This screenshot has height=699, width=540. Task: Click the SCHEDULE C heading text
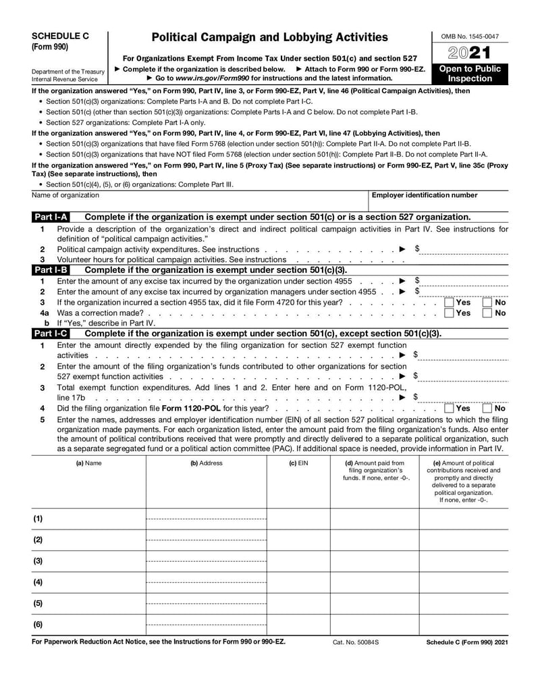click(x=59, y=36)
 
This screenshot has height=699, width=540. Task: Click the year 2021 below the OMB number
click(x=470, y=53)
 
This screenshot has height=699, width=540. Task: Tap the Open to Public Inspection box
click(x=470, y=74)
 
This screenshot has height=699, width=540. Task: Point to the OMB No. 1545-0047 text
click(x=470, y=36)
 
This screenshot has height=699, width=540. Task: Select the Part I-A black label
click(x=51, y=217)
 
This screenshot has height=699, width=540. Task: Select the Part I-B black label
click(x=51, y=269)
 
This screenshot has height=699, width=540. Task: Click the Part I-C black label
click(x=51, y=334)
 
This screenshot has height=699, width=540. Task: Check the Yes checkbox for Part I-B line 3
click(x=449, y=303)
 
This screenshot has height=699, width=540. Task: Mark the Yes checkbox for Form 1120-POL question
click(x=449, y=408)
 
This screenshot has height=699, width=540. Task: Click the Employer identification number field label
click(x=425, y=195)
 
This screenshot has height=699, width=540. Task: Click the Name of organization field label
click(x=65, y=195)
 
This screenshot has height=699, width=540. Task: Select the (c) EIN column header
click(x=298, y=463)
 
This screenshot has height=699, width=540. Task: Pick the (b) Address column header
click(x=206, y=463)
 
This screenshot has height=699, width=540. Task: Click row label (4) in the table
click(x=38, y=582)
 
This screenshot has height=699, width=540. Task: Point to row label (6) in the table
click(x=38, y=625)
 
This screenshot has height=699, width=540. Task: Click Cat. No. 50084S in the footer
click(x=355, y=642)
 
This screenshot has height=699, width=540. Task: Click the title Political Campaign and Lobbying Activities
click(x=270, y=37)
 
